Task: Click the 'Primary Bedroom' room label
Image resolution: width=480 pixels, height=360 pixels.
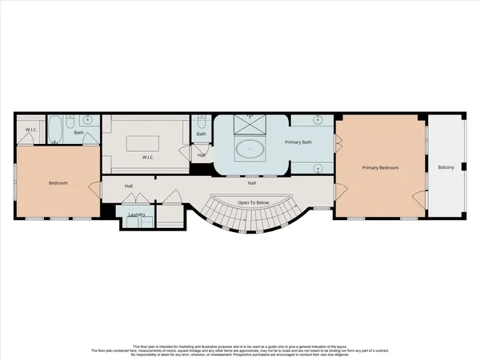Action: pos(380,168)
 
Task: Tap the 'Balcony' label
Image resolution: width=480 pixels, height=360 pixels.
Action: pos(446,168)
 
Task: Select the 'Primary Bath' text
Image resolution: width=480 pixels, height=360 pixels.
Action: pos(298,142)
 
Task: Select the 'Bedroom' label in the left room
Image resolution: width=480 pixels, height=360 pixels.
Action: pos(58,183)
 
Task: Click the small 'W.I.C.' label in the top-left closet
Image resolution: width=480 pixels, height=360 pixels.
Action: pos(31,130)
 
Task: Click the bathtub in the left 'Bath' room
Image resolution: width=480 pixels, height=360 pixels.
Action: pos(57,130)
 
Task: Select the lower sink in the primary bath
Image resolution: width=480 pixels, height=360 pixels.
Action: pos(318,168)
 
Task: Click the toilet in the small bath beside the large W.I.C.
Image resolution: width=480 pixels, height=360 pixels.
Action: pos(201,123)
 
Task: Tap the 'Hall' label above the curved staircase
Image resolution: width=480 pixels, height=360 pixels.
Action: pos(251,183)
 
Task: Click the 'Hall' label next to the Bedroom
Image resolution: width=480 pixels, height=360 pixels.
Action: pos(128,186)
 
